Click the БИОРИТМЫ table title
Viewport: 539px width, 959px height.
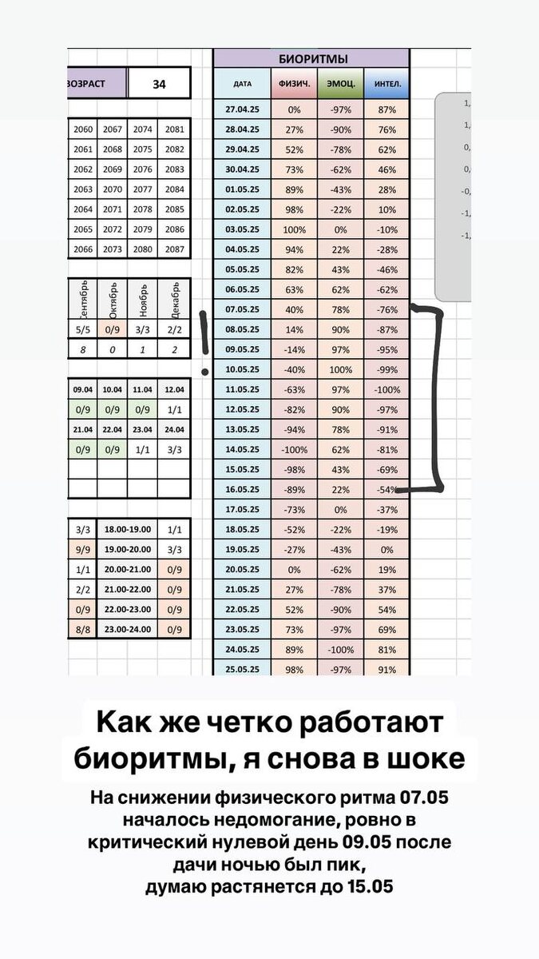312,59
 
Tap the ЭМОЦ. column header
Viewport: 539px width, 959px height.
341,83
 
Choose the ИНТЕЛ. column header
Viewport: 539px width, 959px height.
387,83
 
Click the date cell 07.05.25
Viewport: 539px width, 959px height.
243,309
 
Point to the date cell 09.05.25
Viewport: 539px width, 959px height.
243,349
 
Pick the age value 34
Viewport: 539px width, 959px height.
159,83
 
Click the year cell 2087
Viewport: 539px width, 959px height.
176,249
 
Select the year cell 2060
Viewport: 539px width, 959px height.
83,129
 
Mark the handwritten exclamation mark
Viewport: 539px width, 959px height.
205,340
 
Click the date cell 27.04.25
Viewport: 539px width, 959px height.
243,109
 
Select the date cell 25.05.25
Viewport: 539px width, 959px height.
243,669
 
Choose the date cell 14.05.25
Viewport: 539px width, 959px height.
243,449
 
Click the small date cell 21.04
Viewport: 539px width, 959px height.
83,430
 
